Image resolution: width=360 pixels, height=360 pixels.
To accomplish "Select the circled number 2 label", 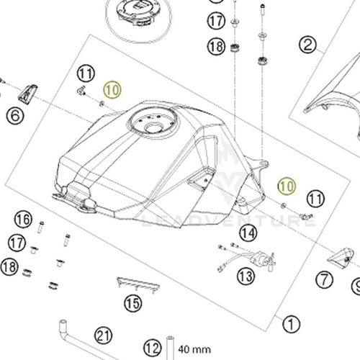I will click(308, 48).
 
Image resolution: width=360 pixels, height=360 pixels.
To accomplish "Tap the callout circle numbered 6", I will click(15, 114).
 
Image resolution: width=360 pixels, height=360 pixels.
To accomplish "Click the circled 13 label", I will click(246, 275).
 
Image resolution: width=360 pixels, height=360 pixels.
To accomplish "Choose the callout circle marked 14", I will click(248, 233).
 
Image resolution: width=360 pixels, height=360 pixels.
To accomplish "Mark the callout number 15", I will click(131, 304).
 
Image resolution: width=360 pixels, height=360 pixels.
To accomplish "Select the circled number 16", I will click(24, 219).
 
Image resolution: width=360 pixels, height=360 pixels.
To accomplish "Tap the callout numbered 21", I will click(104, 334).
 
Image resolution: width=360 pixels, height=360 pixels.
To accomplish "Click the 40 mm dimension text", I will click(192, 346).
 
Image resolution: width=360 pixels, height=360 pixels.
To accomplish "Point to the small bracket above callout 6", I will click(28, 91).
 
